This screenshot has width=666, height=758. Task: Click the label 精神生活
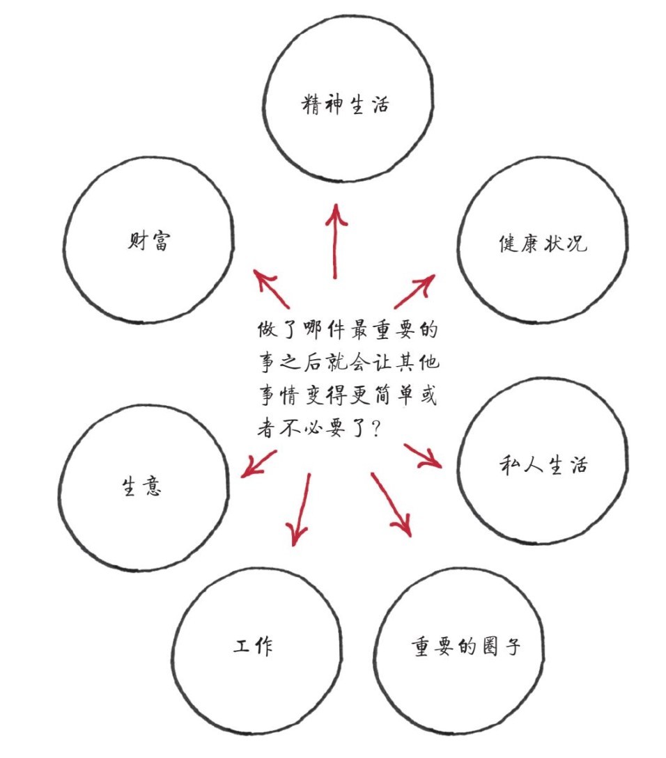coord(345,104)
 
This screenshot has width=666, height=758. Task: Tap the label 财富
coord(149,240)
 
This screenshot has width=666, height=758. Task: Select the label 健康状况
coord(543,243)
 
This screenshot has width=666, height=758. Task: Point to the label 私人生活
coord(543,466)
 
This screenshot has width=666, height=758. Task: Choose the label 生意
coord(141,486)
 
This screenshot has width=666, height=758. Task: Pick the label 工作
coord(253,645)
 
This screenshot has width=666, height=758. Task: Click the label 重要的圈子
coord(465,646)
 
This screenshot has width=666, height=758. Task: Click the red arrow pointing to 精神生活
coord(335,241)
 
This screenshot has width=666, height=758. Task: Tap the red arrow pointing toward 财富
coord(272,289)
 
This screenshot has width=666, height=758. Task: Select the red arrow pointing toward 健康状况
coord(415,291)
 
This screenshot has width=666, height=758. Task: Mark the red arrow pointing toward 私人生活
coord(423,456)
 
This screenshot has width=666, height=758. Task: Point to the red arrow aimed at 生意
coord(259,464)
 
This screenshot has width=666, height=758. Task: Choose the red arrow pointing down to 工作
coord(300,510)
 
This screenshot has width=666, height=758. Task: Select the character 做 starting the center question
coord(267,330)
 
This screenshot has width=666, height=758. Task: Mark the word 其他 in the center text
coord(418,363)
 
